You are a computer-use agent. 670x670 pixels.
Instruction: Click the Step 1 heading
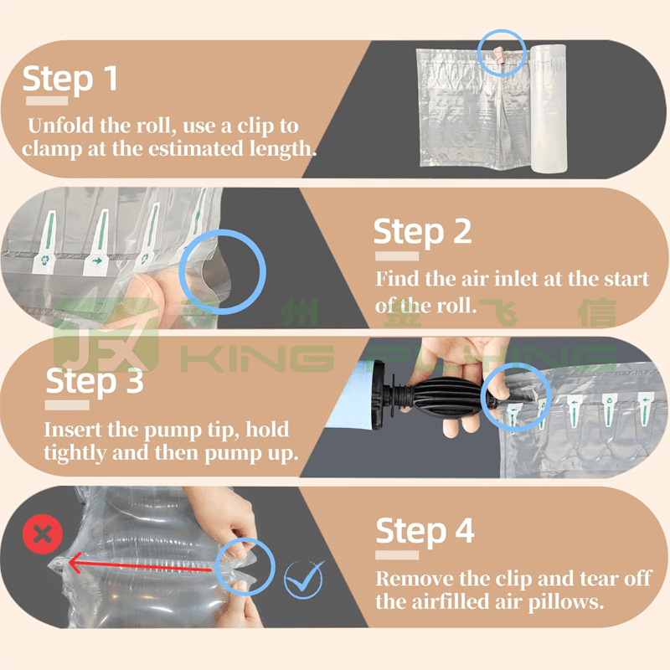pyautogui.click(x=70, y=79)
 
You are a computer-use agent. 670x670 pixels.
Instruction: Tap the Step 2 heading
pyautogui.click(x=422, y=232)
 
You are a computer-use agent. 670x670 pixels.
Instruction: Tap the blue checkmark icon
pyautogui.click(x=303, y=579)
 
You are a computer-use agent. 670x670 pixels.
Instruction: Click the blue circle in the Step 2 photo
pyautogui.click(x=223, y=272)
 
